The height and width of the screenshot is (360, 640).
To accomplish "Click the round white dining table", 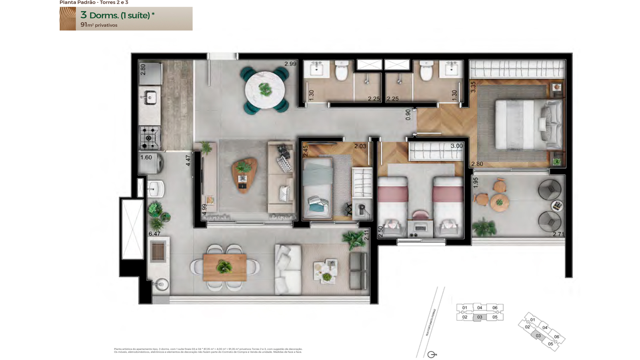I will click(x=265, y=90).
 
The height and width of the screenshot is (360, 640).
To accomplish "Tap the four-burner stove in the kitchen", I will click(x=149, y=138).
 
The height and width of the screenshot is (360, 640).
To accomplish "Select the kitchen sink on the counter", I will click(x=150, y=97).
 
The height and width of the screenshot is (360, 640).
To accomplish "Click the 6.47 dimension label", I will click(x=154, y=234).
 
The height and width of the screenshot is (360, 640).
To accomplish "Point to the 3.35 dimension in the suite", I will click(x=473, y=87).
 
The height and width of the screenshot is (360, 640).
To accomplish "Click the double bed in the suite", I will click(x=528, y=124).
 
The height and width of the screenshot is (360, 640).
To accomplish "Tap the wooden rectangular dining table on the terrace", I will click(x=224, y=267).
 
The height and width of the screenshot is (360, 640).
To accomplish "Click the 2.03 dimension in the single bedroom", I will click(x=360, y=146).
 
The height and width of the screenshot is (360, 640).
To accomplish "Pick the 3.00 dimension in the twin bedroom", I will click(x=456, y=146).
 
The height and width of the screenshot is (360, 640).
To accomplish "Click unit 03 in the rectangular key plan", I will click(x=480, y=317).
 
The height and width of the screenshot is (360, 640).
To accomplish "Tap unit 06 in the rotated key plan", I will click(x=556, y=337).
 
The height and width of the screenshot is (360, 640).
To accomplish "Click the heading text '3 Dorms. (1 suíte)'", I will click(x=117, y=15).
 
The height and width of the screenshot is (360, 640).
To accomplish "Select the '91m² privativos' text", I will click(x=99, y=25).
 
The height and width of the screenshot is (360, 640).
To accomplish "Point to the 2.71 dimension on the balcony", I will click(x=558, y=234).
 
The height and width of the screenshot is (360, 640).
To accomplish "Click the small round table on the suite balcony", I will click(x=499, y=202).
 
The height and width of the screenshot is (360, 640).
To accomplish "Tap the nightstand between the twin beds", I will click(x=420, y=228).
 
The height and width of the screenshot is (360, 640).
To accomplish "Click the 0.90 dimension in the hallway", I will click(x=408, y=115).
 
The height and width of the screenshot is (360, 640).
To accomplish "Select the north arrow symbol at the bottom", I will click(x=432, y=354).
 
